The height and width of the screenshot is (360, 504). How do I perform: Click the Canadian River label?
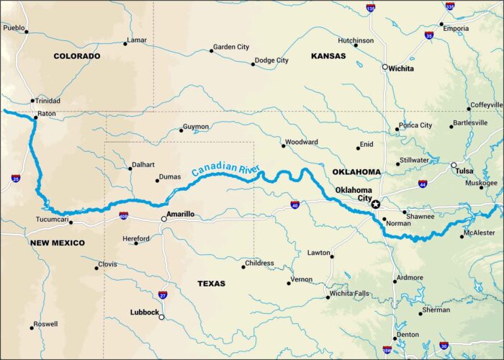(225, 170)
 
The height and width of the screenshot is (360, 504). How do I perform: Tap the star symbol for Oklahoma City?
(375, 204)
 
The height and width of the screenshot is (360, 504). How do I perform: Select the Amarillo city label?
(181, 214)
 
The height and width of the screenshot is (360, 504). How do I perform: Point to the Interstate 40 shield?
(295, 205)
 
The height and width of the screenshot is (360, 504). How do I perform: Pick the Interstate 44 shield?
(423, 184)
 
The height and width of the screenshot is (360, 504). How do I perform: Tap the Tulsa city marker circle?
(454, 166)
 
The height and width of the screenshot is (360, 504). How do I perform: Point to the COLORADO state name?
(76, 55)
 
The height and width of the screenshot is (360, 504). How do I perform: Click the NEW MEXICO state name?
(58, 243)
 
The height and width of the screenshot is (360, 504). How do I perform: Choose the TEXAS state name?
(212, 284)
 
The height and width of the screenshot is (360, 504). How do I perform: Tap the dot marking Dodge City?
(253, 64)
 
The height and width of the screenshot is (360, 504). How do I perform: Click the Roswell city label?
(45, 324)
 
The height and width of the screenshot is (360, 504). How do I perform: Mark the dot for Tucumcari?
(71, 222)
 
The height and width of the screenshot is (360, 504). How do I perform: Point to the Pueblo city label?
(14, 27)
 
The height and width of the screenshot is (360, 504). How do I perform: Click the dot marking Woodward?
(283, 146)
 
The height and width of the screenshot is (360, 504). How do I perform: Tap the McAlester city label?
(479, 233)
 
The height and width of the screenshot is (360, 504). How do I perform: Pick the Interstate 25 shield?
(16, 178)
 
